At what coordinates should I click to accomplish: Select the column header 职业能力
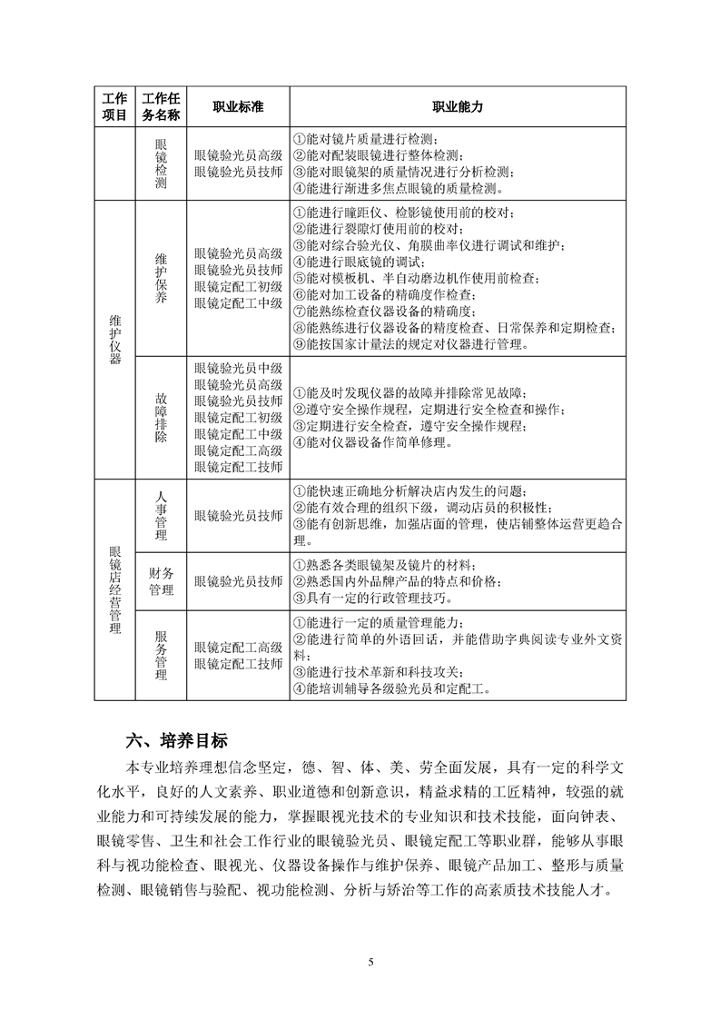[457, 106]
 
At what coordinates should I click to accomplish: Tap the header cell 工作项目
[113, 106]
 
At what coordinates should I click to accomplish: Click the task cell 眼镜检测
[161, 163]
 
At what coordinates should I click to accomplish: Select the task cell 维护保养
[161, 278]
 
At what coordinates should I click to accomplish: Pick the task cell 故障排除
[161, 417]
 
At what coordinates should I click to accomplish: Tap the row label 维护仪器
[113, 340]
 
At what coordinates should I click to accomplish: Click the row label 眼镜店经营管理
[113, 590]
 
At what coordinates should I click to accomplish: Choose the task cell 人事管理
[161, 515]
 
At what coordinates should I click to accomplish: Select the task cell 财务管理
[161, 580]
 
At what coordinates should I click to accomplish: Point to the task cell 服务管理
[161, 656]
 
